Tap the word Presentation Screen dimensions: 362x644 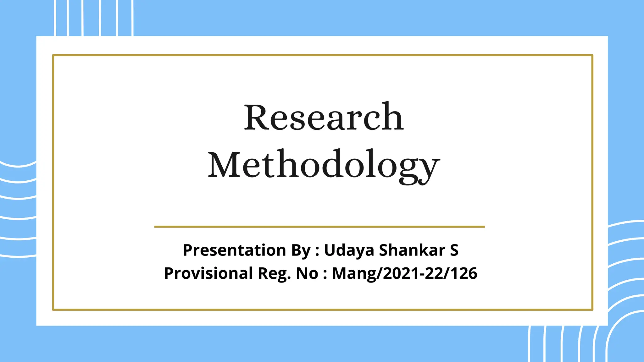click(x=235, y=250)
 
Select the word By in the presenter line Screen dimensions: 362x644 click(x=301, y=250)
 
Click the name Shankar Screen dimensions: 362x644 click(x=412, y=250)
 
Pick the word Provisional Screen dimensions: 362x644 click(x=208, y=273)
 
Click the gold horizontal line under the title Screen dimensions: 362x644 click(x=319, y=227)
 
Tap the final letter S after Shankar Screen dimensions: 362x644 click(x=454, y=250)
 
